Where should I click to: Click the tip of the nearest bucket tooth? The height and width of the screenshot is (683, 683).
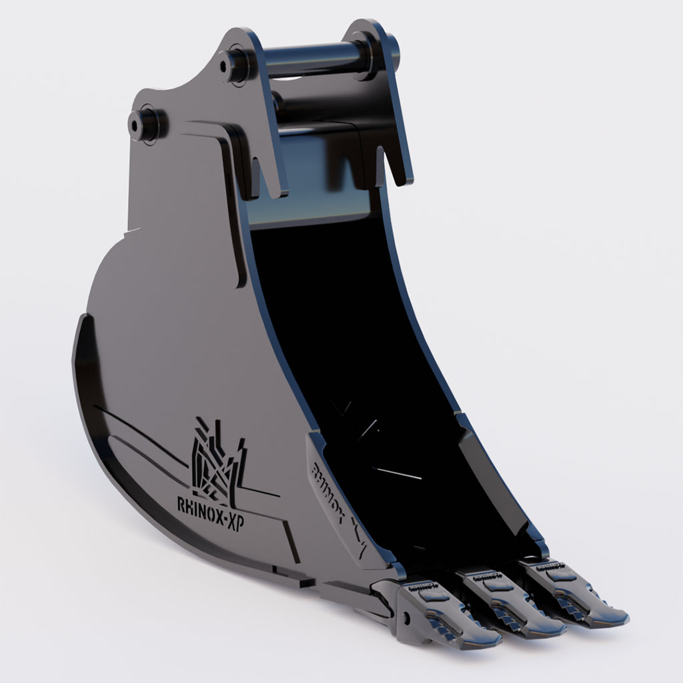[490, 642]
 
